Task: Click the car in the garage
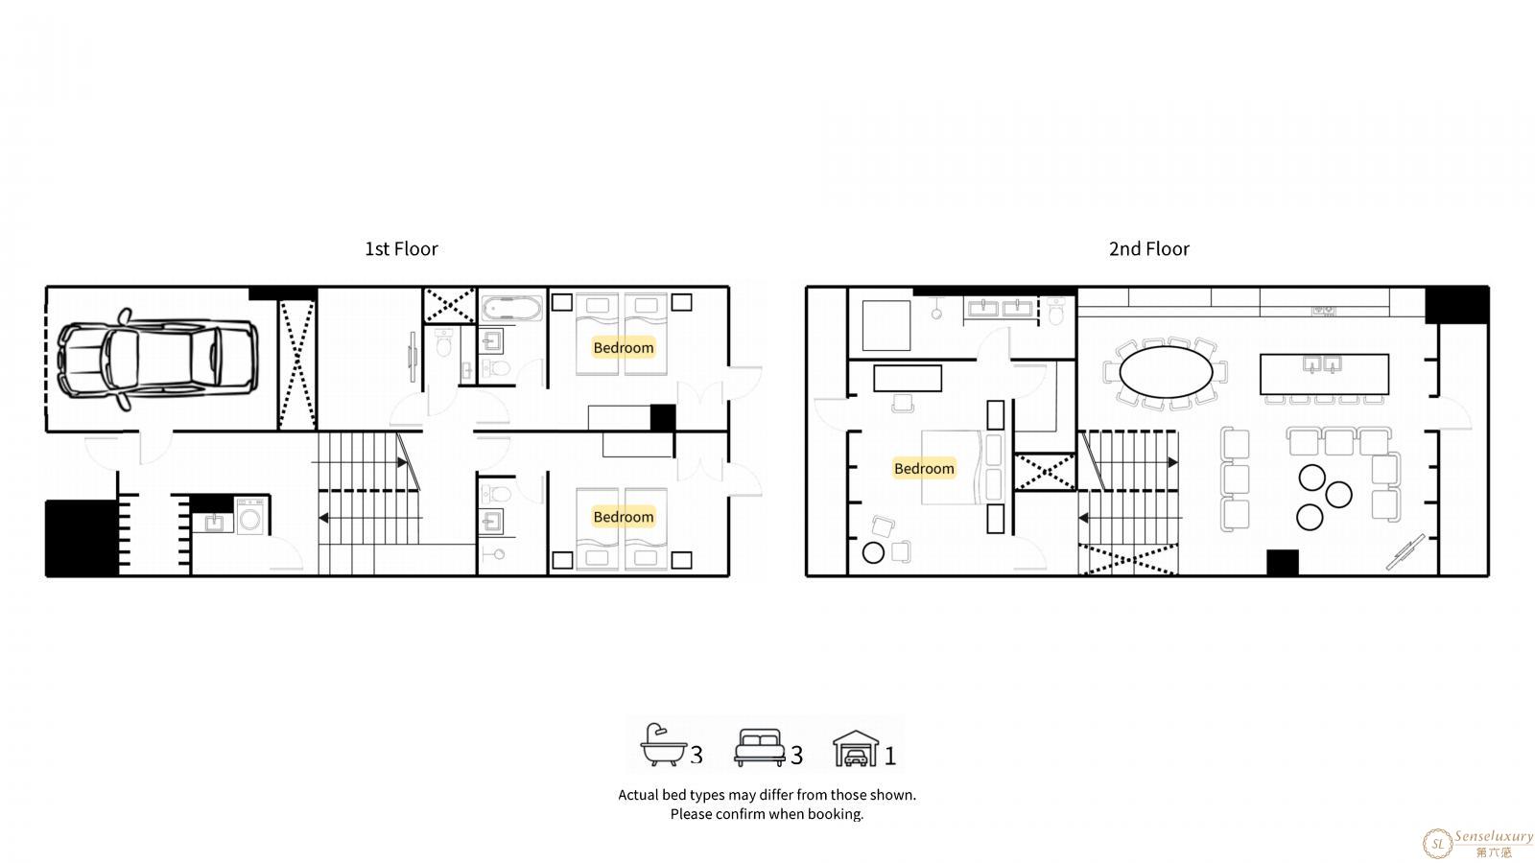click(x=157, y=360)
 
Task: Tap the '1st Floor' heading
click(x=401, y=248)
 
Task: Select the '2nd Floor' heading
click(x=1149, y=248)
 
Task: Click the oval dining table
click(x=1166, y=372)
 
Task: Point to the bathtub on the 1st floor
click(x=512, y=308)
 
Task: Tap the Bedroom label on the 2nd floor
click(x=924, y=469)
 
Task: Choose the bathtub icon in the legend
click(x=663, y=744)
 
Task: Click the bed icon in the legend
click(x=759, y=747)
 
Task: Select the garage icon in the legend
click(x=856, y=749)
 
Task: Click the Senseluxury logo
click(x=1477, y=843)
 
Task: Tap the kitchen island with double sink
click(x=1324, y=374)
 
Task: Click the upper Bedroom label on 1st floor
click(x=623, y=348)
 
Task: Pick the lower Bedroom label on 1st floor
click(x=623, y=517)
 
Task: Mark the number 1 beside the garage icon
click(x=890, y=757)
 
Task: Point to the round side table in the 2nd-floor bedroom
click(x=873, y=552)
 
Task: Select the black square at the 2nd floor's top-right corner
click(x=1457, y=305)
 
